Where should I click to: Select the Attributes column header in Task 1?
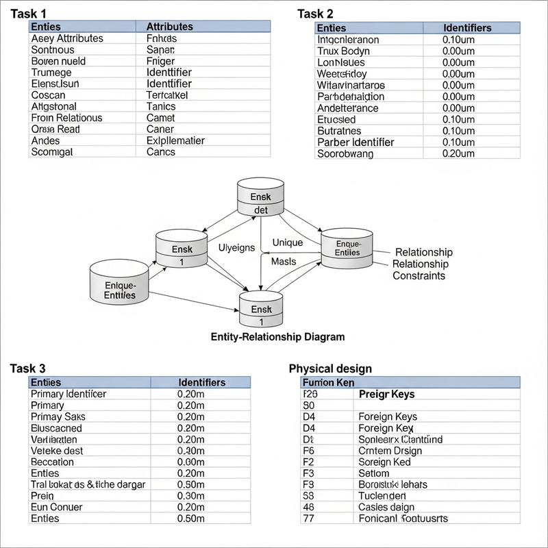point(169,27)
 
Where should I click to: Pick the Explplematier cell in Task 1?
point(175,140)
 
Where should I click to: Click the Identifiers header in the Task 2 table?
point(467,28)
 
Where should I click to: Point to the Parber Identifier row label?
point(356,142)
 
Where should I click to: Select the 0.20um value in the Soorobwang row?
point(458,153)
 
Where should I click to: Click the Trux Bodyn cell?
point(343,51)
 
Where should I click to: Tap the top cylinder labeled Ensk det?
point(260,199)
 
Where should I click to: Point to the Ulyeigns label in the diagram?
point(236,247)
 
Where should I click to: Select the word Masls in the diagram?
point(284,262)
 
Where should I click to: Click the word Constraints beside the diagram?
point(419,275)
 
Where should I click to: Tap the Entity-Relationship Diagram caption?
point(277,337)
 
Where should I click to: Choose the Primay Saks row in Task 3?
point(58,416)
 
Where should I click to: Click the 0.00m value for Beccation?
point(190,462)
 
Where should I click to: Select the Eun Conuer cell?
point(57,507)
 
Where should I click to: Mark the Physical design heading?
point(330,369)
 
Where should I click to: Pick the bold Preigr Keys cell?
point(387,394)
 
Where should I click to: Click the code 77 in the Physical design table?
point(308,519)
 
